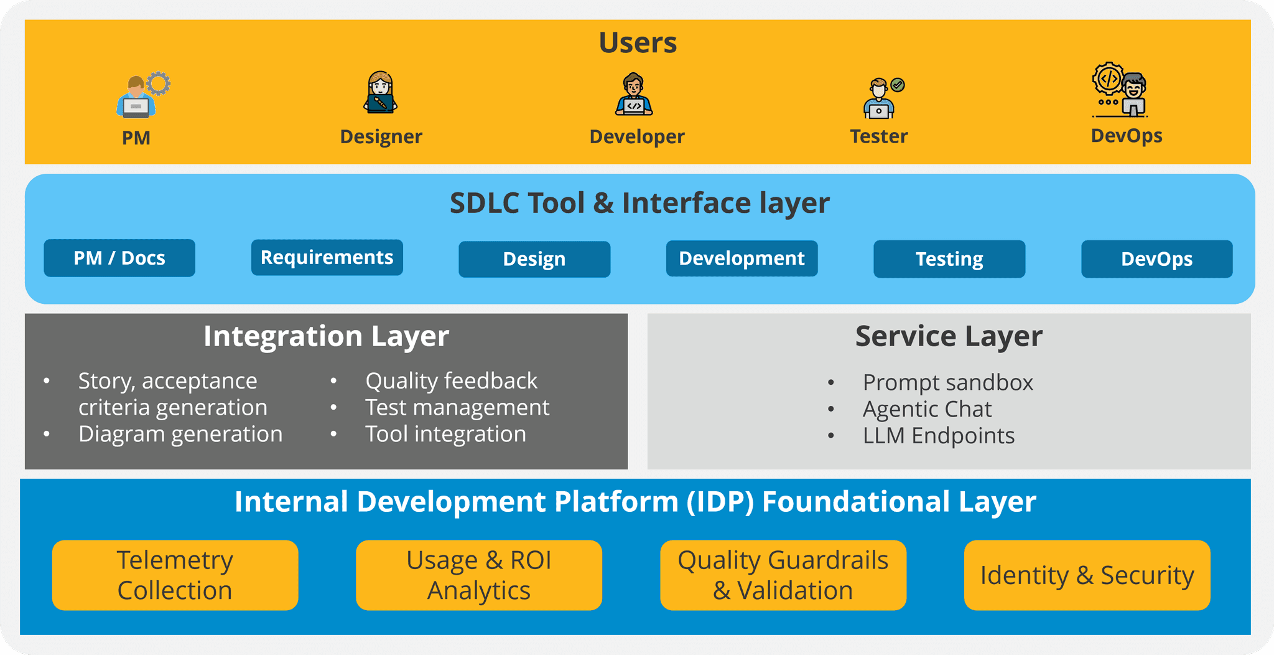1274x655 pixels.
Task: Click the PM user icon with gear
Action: (142, 95)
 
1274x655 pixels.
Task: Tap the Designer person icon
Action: (380, 92)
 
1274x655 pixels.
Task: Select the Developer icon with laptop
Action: (634, 95)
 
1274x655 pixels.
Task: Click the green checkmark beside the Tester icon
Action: (898, 85)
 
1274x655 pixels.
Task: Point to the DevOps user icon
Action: (1120, 91)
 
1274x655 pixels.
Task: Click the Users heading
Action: (638, 43)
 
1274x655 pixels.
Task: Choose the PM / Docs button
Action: (119, 258)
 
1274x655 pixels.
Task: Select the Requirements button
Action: (327, 257)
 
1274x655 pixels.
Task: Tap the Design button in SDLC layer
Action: (534, 259)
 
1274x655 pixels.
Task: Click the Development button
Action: (742, 258)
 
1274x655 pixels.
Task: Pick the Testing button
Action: (949, 259)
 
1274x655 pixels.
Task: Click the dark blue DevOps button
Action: (1156, 259)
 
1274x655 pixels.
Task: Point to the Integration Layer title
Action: (326, 336)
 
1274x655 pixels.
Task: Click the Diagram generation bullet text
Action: (180, 434)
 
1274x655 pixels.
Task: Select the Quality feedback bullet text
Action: (451, 380)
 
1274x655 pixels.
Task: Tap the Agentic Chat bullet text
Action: (926, 409)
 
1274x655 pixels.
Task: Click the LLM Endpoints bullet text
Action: (938, 436)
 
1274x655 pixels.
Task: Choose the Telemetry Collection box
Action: (175, 575)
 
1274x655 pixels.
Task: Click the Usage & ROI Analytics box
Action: (478, 575)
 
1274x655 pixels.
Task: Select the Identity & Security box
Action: (1087, 575)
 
